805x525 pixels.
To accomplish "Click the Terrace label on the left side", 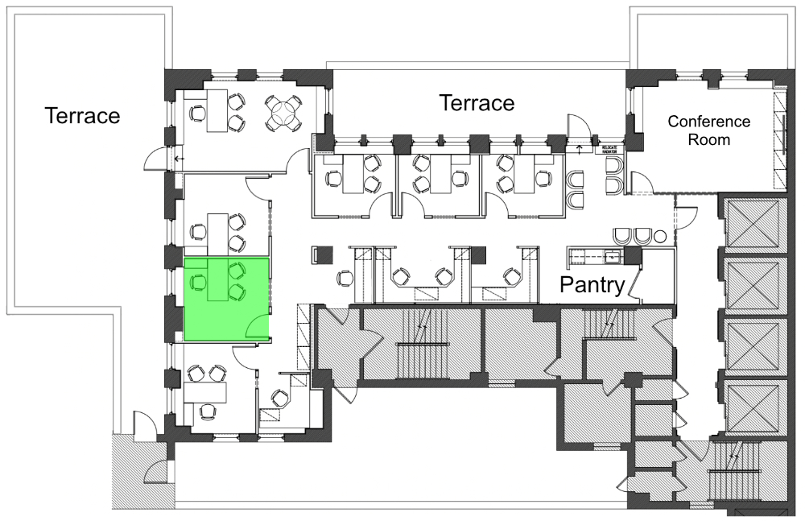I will tap(82, 115).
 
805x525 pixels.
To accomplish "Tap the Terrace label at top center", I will tap(476, 103).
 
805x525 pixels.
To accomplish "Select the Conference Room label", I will tap(709, 130).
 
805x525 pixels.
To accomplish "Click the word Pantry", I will tap(592, 285).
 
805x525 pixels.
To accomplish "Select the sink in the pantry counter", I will tap(613, 257).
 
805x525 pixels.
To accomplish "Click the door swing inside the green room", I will tap(258, 327).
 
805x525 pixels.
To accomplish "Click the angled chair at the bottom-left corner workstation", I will tap(279, 397).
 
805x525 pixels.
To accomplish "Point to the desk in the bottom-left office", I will tap(205, 392).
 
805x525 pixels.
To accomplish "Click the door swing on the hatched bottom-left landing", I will tap(158, 471).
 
